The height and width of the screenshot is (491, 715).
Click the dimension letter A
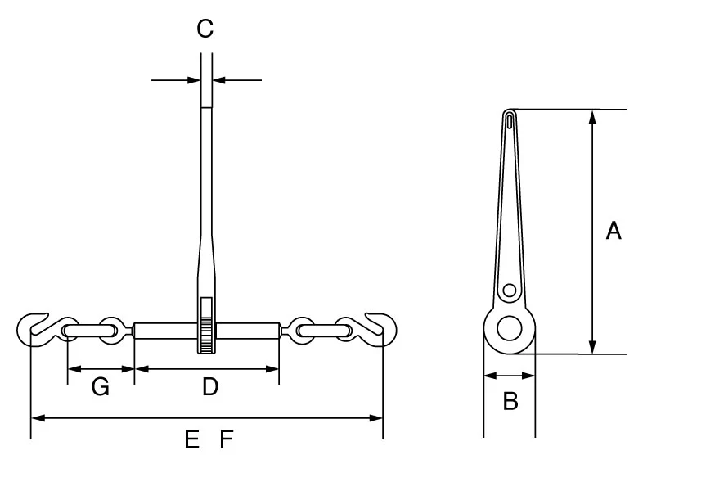click(x=613, y=231)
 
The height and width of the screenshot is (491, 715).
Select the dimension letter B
click(x=510, y=402)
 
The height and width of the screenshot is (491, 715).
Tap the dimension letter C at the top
click(x=205, y=29)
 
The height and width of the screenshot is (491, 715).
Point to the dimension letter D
click(x=210, y=387)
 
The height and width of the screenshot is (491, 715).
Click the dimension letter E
click(x=192, y=440)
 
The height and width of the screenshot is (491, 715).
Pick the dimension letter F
click(x=227, y=440)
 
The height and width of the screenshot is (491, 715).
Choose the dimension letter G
click(x=100, y=387)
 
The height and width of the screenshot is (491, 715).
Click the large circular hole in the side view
click(x=510, y=329)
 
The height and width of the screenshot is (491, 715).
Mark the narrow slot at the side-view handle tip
click(x=510, y=123)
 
